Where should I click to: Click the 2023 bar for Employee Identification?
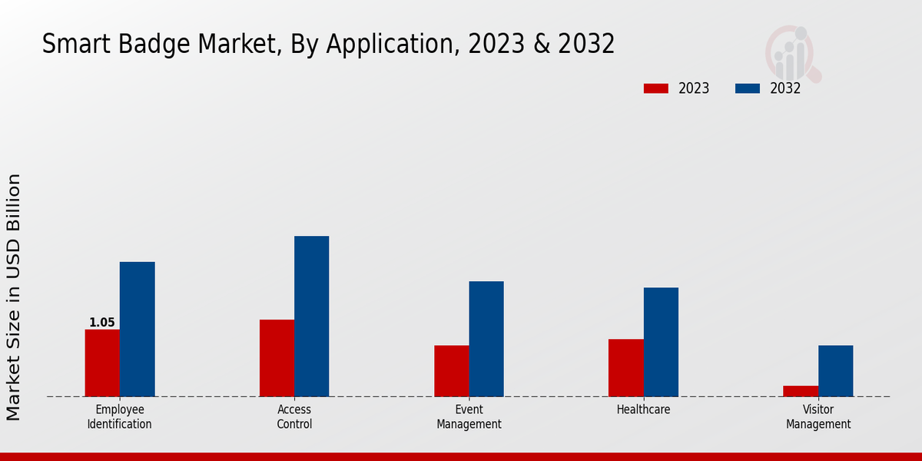pos(102,363)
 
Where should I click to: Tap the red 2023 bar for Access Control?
pos(277,358)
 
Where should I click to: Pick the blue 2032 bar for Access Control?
pos(311,316)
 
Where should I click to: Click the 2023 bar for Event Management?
pos(451,371)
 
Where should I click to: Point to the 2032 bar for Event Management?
pos(486,339)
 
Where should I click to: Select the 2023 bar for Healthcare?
pos(625,368)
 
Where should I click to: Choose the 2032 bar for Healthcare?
pos(661,342)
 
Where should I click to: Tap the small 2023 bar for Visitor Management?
pos(801,391)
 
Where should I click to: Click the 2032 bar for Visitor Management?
pos(835,371)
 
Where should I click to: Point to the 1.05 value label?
pos(101,323)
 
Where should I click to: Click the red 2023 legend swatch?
pos(656,88)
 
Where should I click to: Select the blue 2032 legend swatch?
pos(748,88)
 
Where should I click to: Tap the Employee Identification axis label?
pos(119,416)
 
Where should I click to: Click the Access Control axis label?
pos(294,416)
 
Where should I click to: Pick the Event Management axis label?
pos(469,416)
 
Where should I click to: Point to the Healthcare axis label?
pos(643,410)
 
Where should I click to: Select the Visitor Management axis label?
pos(818,416)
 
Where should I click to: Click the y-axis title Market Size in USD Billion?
pos(14,297)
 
